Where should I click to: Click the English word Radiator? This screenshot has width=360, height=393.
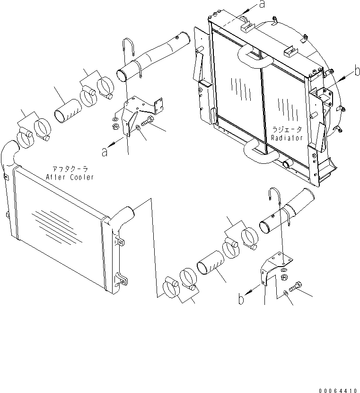pyautogui.click(x=287, y=137)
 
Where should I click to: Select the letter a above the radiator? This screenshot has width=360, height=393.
pyautogui.click(x=262, y=5)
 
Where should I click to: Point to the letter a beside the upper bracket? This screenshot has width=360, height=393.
pyautogui.click(x=104, y=152)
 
